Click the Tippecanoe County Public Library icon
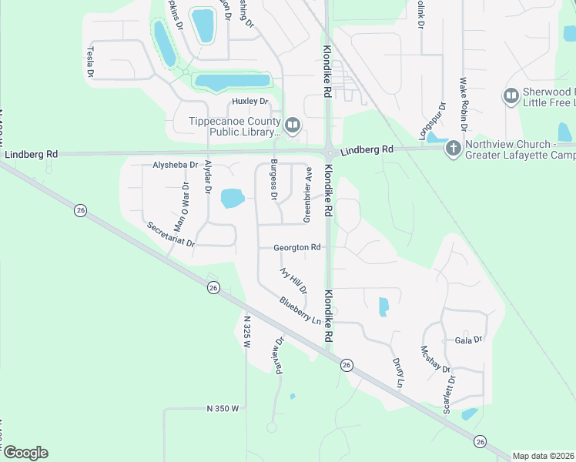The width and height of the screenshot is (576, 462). (292, 125)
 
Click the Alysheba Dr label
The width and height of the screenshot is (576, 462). (176, 165)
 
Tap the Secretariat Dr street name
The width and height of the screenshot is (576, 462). (172, 235)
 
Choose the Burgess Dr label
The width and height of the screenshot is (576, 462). (273, 179)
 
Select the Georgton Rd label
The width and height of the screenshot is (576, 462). (296, 248)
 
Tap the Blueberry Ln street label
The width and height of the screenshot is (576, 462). (300, 310)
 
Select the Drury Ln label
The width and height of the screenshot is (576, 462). (397, 371)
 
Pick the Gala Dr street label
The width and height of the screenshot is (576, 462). (468, 340)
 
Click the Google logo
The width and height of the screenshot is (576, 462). (25, 453)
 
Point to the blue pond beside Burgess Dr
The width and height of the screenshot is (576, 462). (233, 199)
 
